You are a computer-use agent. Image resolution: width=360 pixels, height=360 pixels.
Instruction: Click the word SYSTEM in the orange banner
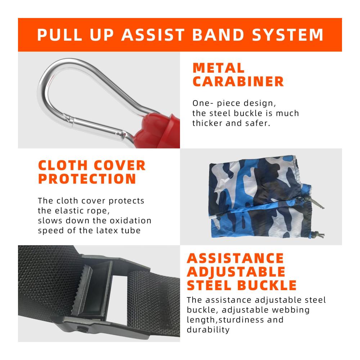pyautogui.click(x=288, y=35)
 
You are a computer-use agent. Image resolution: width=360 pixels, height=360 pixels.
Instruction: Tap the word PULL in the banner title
pyautogui.click(x=60, y=35)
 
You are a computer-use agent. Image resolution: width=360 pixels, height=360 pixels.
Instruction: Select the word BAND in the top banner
pyautogui.click(x=218, y=35)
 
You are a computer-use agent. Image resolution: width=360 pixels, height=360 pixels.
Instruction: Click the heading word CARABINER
pyautogui.click(x=238, y=81)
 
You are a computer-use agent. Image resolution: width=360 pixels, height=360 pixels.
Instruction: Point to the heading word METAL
pyautogui.click(x=219, y=68)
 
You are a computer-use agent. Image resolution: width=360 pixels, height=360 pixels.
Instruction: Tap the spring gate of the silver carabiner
pyautogui.click(x=96, y=126)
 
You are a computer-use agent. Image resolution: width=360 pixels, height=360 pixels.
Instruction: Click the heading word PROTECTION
pyautogui.click(x=87, y=179)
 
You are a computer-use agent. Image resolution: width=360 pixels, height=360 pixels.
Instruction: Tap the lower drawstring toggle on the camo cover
pyautogui.click(x=314, y=234)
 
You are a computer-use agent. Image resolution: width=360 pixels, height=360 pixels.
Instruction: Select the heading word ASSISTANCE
pyautogui.click(x=235, y=258)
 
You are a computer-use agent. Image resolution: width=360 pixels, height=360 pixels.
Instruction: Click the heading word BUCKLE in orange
pyautogui.click(x=267, y=285)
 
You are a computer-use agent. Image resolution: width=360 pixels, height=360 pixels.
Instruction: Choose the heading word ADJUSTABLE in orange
pyautogui.click(x=236, y=272)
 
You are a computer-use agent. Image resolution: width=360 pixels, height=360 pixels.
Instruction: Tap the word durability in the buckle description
pyautogui.click(x=208, y=330)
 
